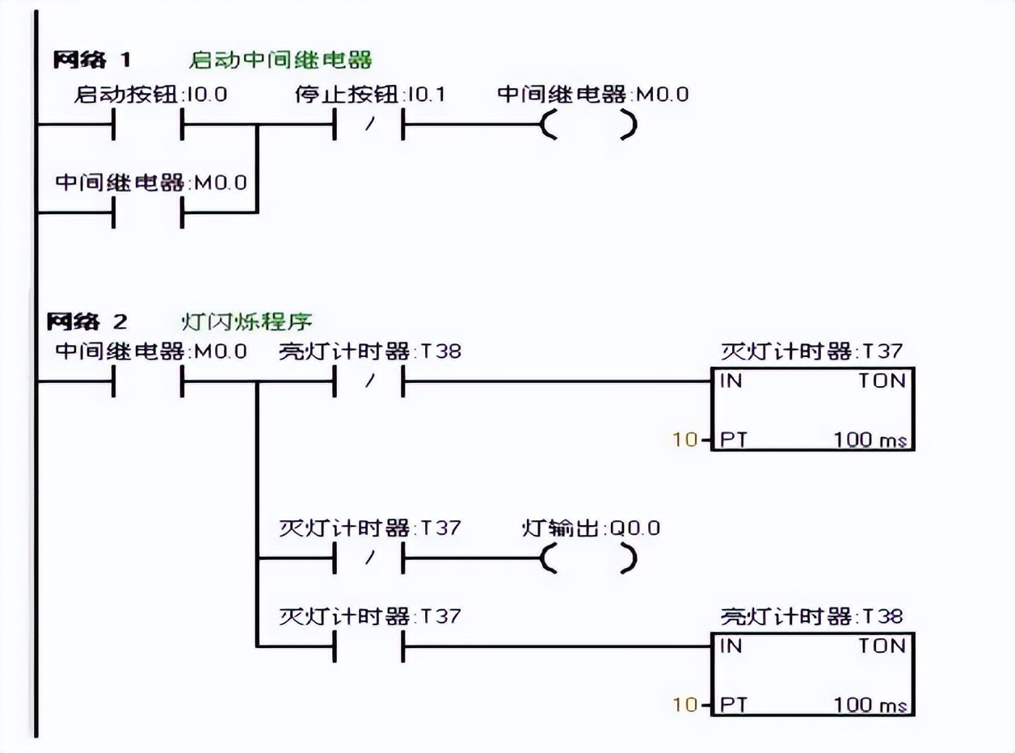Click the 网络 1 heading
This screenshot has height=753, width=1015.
click(x=92, y=60)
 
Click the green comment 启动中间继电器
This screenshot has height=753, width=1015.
click(x=280, y=60)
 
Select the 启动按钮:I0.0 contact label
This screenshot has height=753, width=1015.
click(x=150, y=95)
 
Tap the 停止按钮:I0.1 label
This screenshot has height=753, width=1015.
click(x=370, y=95)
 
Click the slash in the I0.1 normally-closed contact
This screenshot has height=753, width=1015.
click(x=370, y=124)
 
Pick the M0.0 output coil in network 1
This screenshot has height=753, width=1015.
click(x=588, y=124)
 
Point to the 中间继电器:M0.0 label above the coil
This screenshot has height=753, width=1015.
click(x=592, y=95)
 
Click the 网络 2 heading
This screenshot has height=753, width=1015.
click(x=87, y=322)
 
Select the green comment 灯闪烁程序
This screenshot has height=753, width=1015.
click(x=247, y=322)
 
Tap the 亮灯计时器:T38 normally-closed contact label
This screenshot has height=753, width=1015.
click(x=370, y=351)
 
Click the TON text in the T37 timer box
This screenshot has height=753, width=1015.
click(x=882, y=381)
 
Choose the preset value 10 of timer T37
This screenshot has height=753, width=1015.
click(x=685, y=440)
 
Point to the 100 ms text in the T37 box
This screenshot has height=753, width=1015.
click(x=870, y=440)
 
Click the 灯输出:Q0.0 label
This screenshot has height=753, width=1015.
click(x=591, y=528)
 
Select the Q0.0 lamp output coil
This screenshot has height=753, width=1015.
click(x=588, y=558)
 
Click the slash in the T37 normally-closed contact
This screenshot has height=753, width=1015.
click(x=370, y=557)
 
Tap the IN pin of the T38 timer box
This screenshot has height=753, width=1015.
click(x=731, y=646)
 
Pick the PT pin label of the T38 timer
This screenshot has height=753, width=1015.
click(x=733, y=705)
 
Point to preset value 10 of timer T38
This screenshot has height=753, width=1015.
click(x=685, y=705)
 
